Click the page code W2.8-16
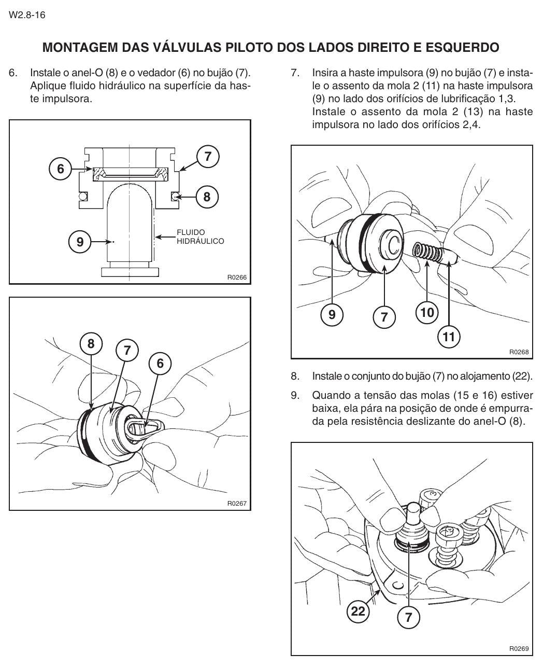click(x=27, y=15)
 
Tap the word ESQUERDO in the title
click(x=462, y=47)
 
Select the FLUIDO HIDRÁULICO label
click(x=200, y=237)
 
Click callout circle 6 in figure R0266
click(x=61, y=169)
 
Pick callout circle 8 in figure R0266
click(x=207, y=197)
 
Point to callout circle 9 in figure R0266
click(x=80, y=242)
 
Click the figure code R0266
click(x=237, y=277)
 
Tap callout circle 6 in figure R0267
click(x=160, y=363)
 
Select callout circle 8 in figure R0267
click(x=91, y=343)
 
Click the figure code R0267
click(x=237, y=504)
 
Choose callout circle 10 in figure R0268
click(x=427, y=312)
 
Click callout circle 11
click(x=449, y=337)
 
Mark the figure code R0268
click(x=519, y=352)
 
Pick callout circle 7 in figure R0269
click(x=408, y=617)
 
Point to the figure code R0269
click(x=519, y=649)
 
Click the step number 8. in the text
click(x=295, y=376)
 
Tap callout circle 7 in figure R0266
click(x=208, y=157)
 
